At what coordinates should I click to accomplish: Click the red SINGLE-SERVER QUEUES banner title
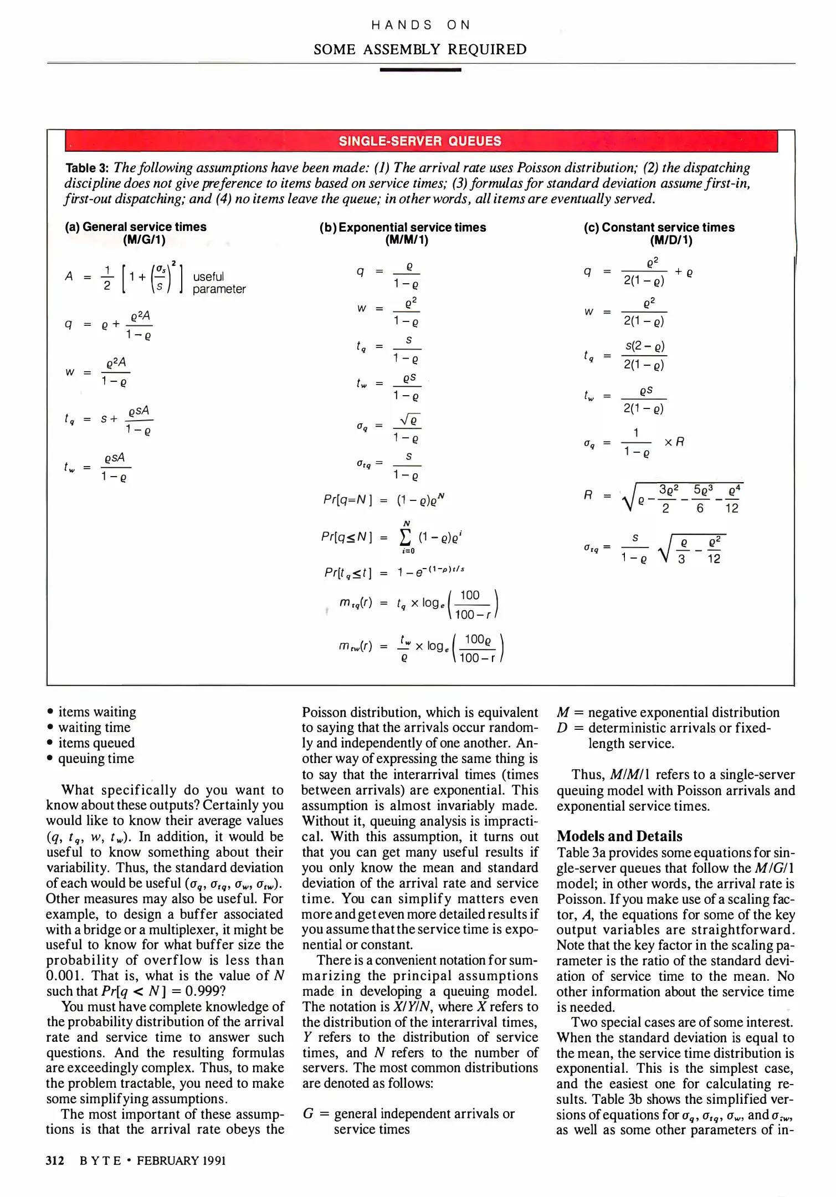(x=420, y=141)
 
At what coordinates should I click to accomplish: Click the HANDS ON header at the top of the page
(x=420, y=25)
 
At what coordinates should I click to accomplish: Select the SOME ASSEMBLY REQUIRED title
(x=420, y=49)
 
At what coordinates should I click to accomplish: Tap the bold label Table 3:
(x=88, y=168)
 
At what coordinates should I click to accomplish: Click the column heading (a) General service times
(x=136, y=227)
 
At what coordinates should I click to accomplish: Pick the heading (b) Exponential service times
(x=403, y=227)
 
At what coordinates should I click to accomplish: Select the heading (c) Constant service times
(x=659, y=227)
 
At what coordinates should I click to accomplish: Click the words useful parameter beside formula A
(x=218, y=283)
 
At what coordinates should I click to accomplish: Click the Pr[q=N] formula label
(x=347, y=499)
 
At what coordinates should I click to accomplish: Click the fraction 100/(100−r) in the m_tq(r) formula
(x=471, y=605)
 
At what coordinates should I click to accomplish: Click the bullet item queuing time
(x=96, y=759)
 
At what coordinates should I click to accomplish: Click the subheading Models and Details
(x=619, y=836)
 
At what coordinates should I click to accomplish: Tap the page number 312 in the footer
(x=55, y=1160)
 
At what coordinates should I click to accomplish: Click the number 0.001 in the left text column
(x=64, y=975)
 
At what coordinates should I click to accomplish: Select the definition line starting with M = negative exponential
(x=668, y=713)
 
